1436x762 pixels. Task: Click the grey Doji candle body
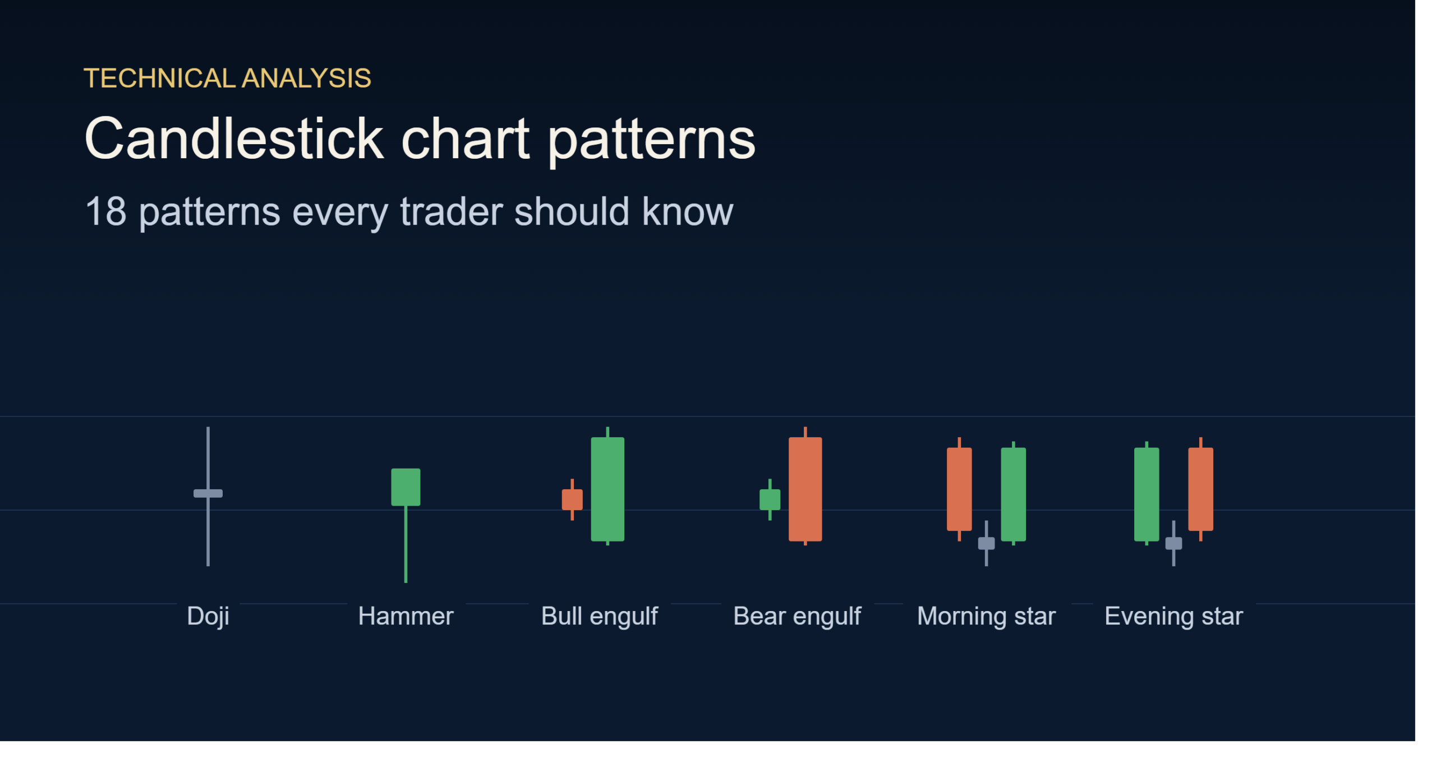coord(208,493)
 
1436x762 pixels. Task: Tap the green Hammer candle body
coord(406,486)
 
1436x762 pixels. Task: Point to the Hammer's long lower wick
coord(406,544)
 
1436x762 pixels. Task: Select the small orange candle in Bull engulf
coord(572,499)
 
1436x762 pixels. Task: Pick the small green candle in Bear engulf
coord(770,499)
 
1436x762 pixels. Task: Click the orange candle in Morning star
coord(959,489)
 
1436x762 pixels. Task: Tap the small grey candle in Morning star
coord(986,543)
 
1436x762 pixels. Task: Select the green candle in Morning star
coord(1013,494)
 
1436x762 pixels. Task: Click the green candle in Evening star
coord(1147,494)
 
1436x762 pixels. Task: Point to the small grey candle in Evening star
coord(1173,543)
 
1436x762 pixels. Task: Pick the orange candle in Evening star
coord(1200,489)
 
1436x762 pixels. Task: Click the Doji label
coord(208,616)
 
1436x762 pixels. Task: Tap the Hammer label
coord(406,616)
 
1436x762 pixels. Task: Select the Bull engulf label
coord(599,616)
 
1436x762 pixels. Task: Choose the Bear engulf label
coord(797,616)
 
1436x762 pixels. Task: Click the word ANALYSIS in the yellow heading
coord(306,78)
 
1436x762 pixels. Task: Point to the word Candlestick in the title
coord(234,139)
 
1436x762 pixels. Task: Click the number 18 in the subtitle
coord(105,212)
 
